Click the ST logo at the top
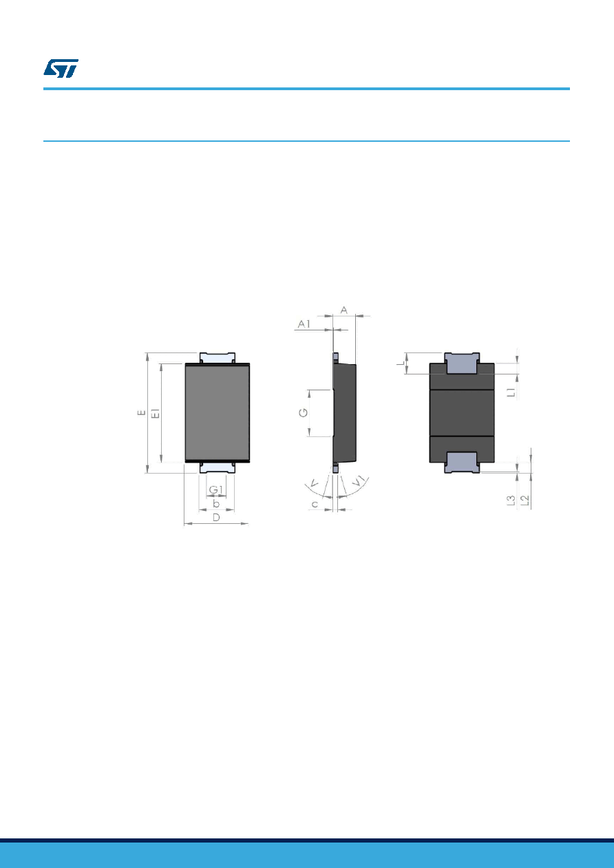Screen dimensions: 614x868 pyautogui.click(x=61, y=69)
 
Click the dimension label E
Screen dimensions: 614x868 pyautogui.click(x=142, y=413)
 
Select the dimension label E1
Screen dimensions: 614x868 pyautogui.click(x=156, y=413)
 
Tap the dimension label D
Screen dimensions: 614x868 pyautogui.click(x=217, y=518)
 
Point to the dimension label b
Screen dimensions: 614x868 pyautogui.click(x=216, y=504)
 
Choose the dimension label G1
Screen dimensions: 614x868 pyautogui.click(x=216, y=490)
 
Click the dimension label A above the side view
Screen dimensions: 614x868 pyautogui.click(x=343, y=310)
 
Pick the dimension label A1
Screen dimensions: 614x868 pyautogui.click(x=304, y=324)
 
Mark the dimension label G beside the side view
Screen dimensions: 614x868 pyautogui.click(x=304, y=413)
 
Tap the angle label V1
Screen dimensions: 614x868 pyautogui.click(x=359, y=482)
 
